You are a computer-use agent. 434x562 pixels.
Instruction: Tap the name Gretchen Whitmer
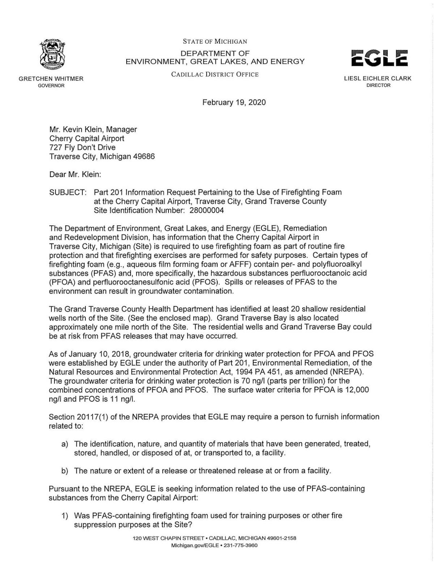pos(51,79)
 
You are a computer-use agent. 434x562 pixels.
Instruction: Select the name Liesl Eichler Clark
pos(378,78)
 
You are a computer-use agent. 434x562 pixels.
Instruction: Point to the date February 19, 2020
pos(234,102)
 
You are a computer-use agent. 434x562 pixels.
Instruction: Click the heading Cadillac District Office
pos(215,74)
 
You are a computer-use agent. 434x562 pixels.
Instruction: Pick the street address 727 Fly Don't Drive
pos(82,148)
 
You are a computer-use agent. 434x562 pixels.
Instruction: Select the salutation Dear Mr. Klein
pos(75,175)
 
